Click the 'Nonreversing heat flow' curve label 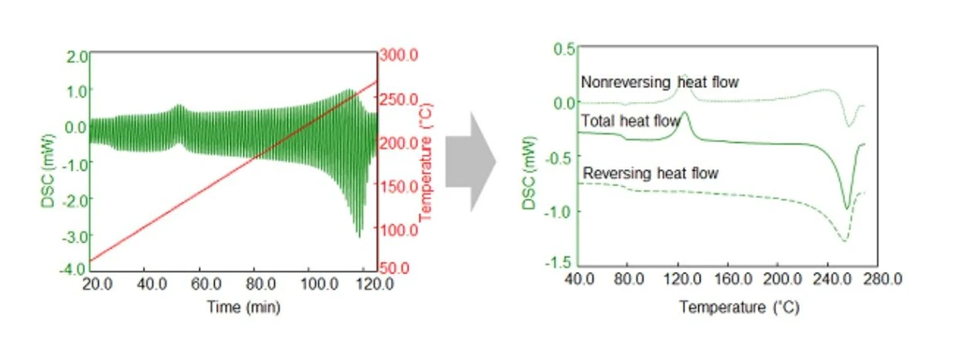tap(659, 82)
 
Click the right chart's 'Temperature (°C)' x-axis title tap(739, 308)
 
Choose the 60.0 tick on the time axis tap(200, 283)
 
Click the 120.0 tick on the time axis tap(378, 283)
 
